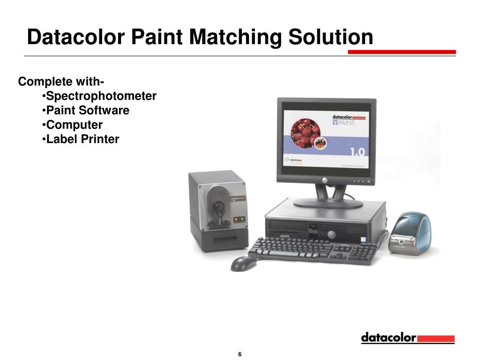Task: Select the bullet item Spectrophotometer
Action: coord(101,97)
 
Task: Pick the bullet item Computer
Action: coord(74,125)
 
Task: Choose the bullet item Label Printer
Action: coord(82,139)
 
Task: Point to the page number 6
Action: coord(240,354)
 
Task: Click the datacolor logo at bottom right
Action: coord(407,338)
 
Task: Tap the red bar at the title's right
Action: coord(402,52)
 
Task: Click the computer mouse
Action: coord(244,263)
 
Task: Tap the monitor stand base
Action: coord(328,203)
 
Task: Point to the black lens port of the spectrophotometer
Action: coord(219,206)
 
